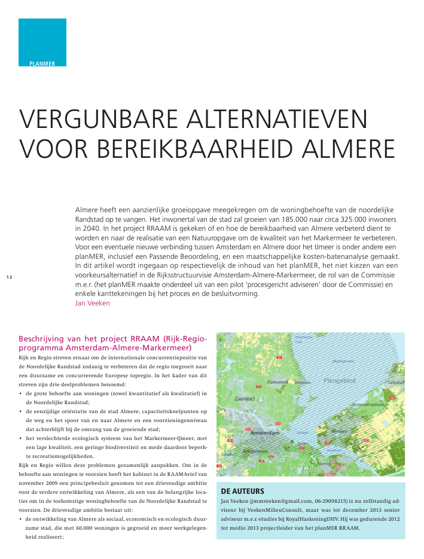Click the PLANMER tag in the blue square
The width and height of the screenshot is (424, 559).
click(x=42, y=63)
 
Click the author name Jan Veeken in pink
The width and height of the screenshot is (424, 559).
click(x=93, y=303)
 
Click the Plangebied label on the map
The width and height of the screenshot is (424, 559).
click(x=339, y=380)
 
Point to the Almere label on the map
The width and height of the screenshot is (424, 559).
click(x=339, y=431)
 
